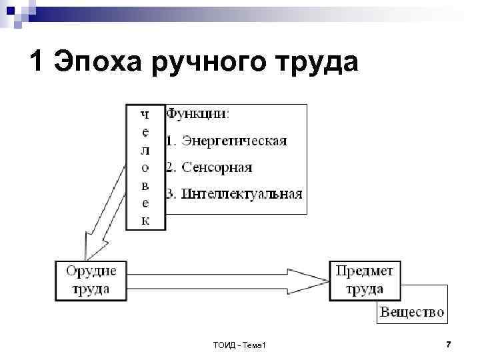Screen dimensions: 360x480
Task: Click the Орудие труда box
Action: (91, 280)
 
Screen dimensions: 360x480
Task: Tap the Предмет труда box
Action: (365, 280)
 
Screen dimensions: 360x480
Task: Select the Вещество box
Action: (411, 311)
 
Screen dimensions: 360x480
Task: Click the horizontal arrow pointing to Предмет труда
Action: (227, 281)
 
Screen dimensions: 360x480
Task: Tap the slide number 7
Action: (448, 344)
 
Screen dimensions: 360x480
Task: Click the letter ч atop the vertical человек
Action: (145, 114)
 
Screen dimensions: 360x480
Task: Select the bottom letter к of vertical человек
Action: (145, 220)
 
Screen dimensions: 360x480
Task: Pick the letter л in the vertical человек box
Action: (145, 150)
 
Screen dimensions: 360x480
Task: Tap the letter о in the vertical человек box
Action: (145, 167)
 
